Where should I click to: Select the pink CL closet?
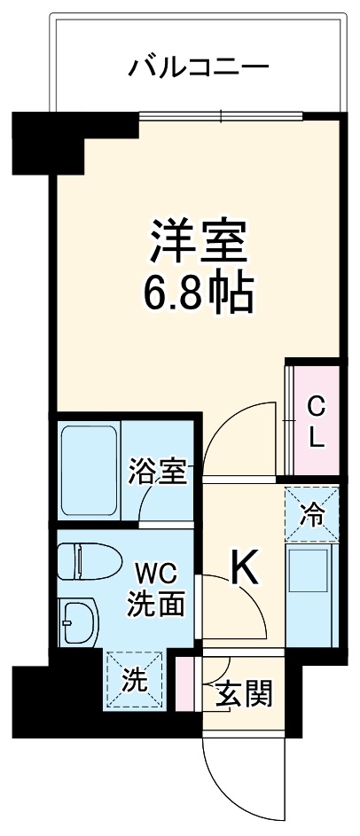[x=316, y=421]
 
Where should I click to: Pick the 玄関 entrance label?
[x=244, y=691]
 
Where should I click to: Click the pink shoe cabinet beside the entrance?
[x=184, y=684]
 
